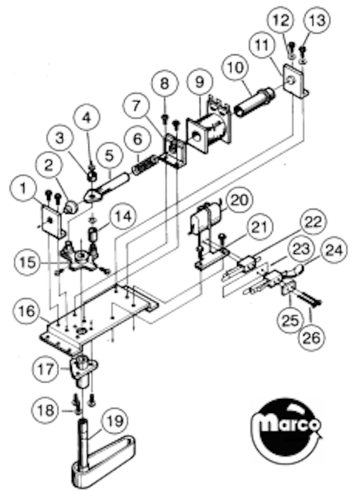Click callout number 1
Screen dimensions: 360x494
(23, 189)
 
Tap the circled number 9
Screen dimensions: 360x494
(199, 83)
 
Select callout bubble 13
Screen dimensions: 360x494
(317, 21)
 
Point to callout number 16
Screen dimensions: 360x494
(26, 311)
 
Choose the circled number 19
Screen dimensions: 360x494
(115, 421)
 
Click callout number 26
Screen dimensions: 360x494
(311, 337)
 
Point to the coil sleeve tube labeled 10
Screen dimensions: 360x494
(255, 102)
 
